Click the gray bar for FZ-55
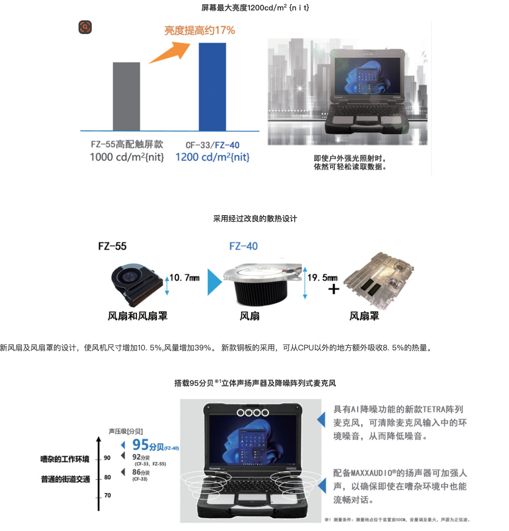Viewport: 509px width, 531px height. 126,96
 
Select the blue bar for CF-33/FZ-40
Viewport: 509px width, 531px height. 212,87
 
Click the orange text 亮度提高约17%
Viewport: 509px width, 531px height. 199,30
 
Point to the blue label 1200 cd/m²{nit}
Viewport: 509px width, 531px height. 212,157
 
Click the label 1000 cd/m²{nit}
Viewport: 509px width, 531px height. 127,157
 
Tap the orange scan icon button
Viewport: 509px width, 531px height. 85,27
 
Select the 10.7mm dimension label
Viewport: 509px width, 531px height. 184,278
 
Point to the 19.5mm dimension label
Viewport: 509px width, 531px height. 323,278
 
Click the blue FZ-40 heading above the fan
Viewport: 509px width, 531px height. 243,246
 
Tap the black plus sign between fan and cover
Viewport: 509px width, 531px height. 333,289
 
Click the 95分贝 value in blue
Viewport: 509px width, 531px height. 148,445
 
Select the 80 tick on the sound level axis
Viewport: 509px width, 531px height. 107,477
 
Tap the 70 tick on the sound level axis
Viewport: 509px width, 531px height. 107,495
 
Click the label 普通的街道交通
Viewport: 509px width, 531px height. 65,479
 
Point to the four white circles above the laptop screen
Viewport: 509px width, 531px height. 253,413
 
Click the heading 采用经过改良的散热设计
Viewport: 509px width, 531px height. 255,218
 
